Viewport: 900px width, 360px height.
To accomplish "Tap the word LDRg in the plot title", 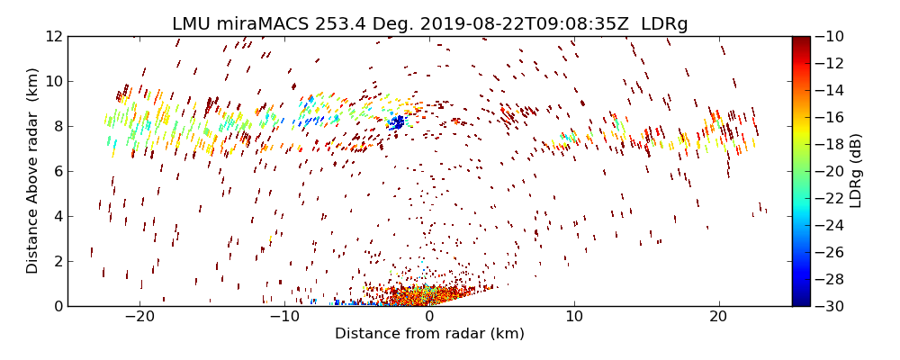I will point(664,24).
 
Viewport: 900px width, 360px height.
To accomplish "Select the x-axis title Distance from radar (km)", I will point(429,334).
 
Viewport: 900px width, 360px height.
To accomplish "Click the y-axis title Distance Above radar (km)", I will point(32,171).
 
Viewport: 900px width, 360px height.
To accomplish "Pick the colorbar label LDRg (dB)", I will point(856,171).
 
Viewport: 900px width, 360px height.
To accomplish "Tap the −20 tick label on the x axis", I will point(139,318).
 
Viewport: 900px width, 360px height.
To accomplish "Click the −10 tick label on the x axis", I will point(284,318).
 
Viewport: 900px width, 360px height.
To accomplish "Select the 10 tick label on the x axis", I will point(574,318).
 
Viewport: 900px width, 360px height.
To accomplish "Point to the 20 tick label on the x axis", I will point(718,318).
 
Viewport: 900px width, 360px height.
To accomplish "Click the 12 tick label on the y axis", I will point(53,36).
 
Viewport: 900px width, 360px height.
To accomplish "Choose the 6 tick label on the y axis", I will point(57,171).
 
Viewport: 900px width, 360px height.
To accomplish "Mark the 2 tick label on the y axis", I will point(57,261).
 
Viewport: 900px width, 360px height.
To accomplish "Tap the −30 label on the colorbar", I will point(832,306).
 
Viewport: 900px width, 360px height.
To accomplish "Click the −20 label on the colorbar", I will point(832,171).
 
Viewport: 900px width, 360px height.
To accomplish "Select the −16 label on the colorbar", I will point(832,117).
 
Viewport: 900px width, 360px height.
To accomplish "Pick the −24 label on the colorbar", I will point(832,225).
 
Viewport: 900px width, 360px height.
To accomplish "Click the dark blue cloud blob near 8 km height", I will point(396,121).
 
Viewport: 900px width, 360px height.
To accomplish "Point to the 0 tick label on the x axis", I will point(429,318).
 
